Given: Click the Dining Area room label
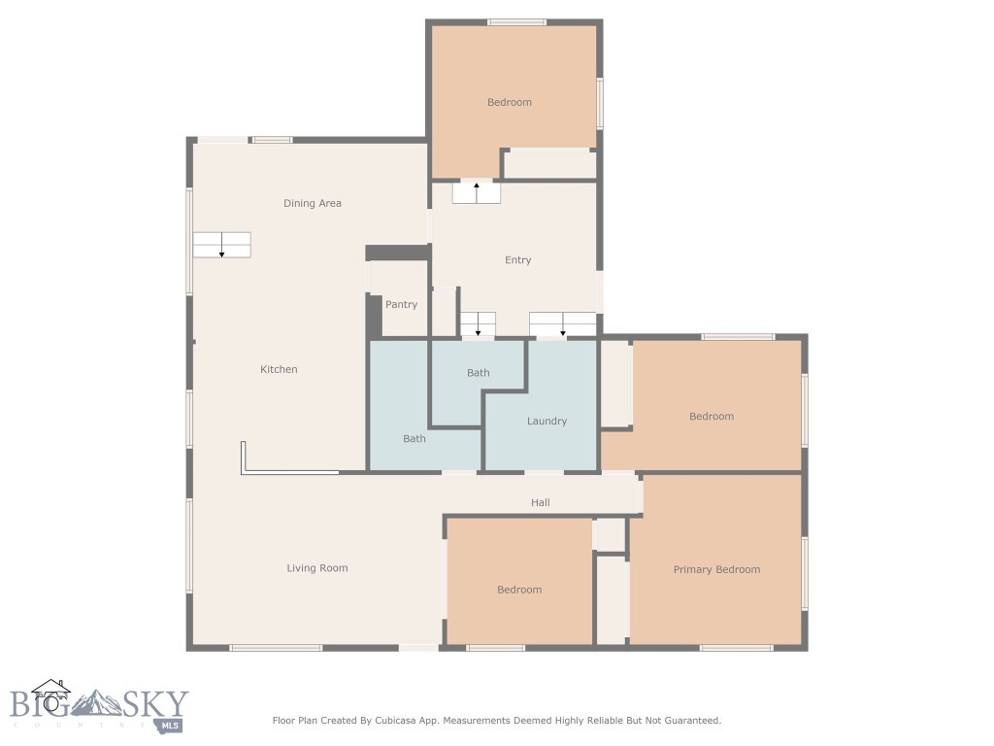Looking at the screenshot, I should click(x=312, y=203).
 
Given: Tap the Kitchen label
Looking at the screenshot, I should click(x=279, y=369).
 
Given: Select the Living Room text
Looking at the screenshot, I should click(x=316, y=568).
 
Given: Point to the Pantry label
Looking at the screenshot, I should click(x=401, y=304).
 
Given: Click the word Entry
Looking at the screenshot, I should click(x=517, y=259).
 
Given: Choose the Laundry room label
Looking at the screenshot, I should click(x=547, y=421).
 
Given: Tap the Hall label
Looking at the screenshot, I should click(x=540, y=502).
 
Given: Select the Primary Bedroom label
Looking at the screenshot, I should click(x=716, y=569).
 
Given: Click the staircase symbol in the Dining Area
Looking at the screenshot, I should click(x=221, y=245).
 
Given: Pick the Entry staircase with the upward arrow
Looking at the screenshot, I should click(x=476, y=192).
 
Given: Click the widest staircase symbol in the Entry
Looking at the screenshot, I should click(x=562, y=323).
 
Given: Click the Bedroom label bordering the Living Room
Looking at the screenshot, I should click(x=519, y=590).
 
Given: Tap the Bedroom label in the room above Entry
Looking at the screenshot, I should click(x=509, y=102).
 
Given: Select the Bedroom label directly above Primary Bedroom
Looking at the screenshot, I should click(x=711, y=416).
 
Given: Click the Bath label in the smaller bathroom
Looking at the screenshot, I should click(x=478, y=372).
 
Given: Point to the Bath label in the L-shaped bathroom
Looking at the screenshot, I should click(x=414, y=438).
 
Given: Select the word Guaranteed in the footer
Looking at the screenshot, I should click(x=689, y=721).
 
